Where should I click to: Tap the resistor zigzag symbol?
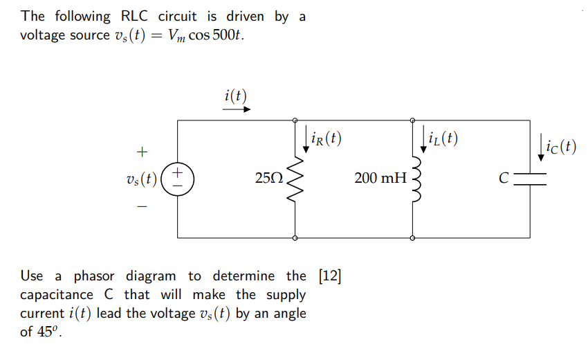295,178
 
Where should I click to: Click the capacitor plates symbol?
531,178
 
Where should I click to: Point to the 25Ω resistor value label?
269,179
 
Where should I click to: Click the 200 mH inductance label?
380,179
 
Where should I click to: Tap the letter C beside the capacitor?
505,179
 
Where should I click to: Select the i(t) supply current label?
236,96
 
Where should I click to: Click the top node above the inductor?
413,120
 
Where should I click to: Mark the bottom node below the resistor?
295,237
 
